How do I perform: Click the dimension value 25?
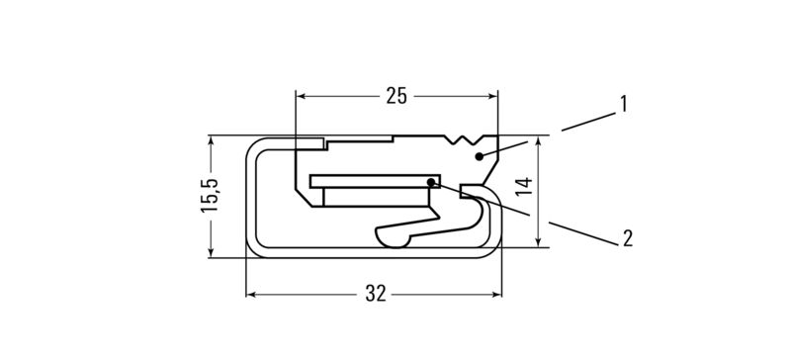(x=396, y=96)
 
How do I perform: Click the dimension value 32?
(x=376, y=294)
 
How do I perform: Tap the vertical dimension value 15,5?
(x=210, y=196)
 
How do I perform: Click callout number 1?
(x=624, y=104)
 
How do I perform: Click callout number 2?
(x=627, y=237)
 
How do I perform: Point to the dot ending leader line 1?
(x=479, y=156)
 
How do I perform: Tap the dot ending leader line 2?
(x=431, y=181)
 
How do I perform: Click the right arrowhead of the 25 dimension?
(x=492, y=96)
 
